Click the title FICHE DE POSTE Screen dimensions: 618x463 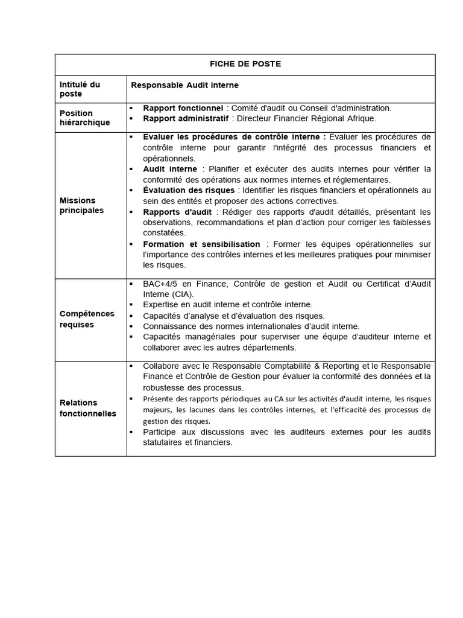pyautogui.click(x=245, y=64)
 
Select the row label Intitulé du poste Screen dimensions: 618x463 pyautogui.click(x=80, y=89)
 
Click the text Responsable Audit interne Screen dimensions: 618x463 pyautogui.click(x=184, y=84)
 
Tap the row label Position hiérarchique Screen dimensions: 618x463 pyautogui.click(x=85, y=118)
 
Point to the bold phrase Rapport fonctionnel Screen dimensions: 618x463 pyautogui.click(x=183, y=108)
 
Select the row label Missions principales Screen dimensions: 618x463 pyautogui.click(x=81, y=205)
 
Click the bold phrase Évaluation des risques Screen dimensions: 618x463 pyautogui.click(x=189, y=190)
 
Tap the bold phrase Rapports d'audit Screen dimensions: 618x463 pyautogui.click(x=177, y=212)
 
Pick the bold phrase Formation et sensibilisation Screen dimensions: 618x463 pyautogui.click(x=201, y=244)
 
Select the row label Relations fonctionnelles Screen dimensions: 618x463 pyautogui.click(x=88, y=408)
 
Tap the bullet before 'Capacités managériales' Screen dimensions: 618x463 pyautogui.click(x=131, y=336)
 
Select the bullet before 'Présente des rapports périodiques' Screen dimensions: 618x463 pyautogui.click(x=131, y=399)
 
